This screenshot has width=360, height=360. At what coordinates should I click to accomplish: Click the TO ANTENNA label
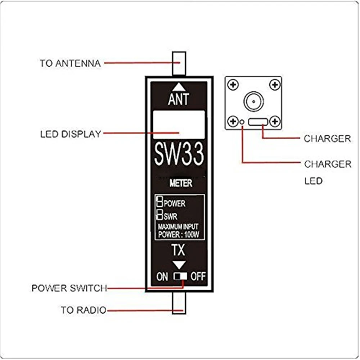[x=70, y=63]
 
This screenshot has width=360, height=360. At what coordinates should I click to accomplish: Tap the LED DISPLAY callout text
[x=71, y=134]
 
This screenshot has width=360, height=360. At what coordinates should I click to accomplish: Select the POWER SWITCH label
[x=69, y=288]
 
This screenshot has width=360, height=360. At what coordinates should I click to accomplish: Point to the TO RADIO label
[x=84, y=310]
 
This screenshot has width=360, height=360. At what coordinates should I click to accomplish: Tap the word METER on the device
[x=181, y=183]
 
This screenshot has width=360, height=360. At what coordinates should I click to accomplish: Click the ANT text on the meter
[x=179, y=99]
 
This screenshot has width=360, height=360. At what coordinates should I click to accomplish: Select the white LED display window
[x=179, y=125]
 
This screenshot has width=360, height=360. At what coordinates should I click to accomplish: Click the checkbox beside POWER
[x=159, y=202]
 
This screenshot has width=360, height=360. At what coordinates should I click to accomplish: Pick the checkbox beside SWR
[x=159, y=216]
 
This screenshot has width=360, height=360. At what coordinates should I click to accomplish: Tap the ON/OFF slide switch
[x=180, y=276]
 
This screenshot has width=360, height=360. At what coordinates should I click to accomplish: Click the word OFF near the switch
[x=198, y=276]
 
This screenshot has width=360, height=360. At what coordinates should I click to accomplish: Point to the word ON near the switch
[x=162, y=276]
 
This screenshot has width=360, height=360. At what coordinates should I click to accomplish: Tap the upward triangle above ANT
[x=179, y=86]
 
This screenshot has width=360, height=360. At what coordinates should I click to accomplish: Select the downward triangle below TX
[x=179, y=265]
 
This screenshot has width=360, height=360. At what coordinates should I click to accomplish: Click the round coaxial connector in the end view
[x=253, y=102]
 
